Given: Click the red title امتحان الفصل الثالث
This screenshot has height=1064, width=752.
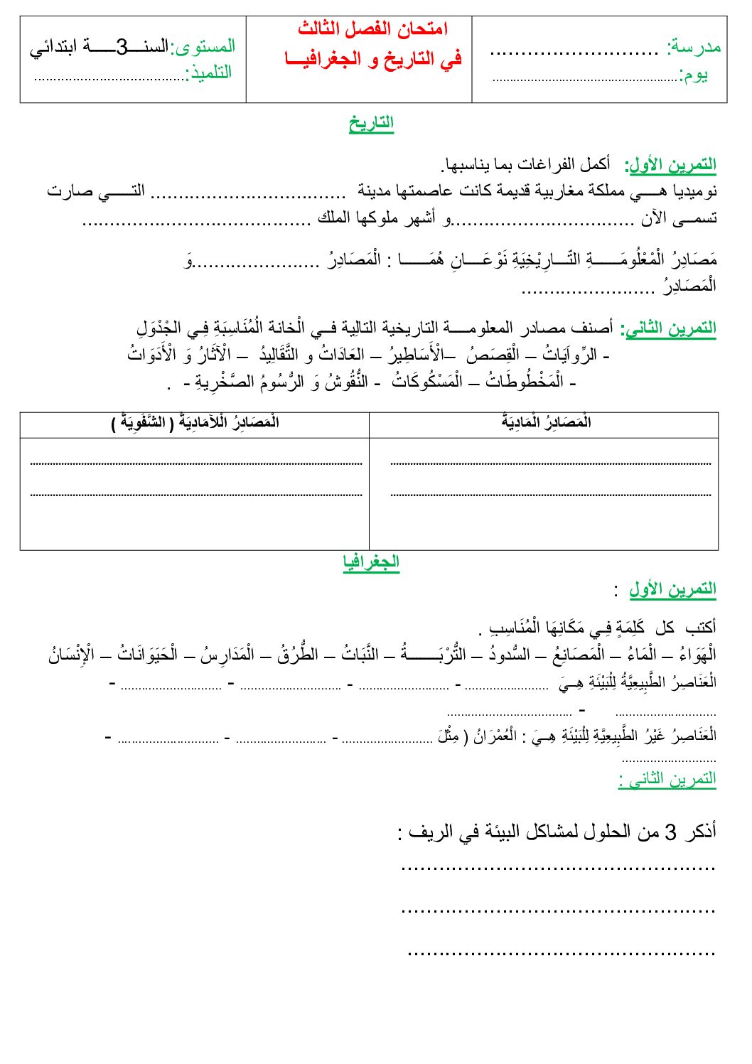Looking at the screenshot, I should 372,29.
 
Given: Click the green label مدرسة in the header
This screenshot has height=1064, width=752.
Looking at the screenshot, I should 694,47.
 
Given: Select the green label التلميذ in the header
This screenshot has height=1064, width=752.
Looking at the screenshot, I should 210,73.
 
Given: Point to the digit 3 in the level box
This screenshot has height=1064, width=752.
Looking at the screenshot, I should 122,47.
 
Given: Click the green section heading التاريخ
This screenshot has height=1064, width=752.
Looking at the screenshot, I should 371,123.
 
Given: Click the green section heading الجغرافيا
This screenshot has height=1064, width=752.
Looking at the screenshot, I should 371,561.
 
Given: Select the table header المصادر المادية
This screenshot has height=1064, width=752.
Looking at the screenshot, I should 546,423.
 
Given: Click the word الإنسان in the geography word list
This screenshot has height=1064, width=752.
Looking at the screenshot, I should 72,655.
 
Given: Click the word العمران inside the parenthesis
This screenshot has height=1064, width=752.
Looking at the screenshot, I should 498,736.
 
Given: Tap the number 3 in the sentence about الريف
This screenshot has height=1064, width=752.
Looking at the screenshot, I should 670,832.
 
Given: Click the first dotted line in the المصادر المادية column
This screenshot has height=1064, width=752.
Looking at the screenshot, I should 551,463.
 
